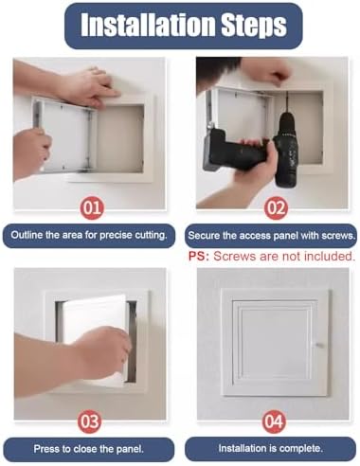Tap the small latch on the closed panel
[318, 344]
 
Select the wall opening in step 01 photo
[121, 137]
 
